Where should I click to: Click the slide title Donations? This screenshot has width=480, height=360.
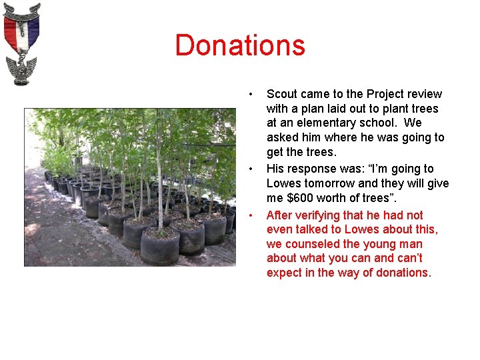[240, 45]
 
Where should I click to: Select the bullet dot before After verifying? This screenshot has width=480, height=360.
[250, 214]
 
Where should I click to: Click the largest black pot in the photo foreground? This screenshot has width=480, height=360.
[159, 247]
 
